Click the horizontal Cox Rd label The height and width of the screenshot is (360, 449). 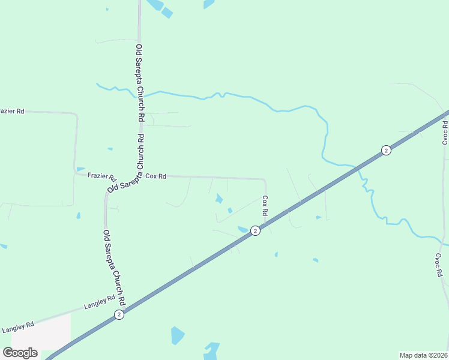(155, 176)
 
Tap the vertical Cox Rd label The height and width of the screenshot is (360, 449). (264, 205)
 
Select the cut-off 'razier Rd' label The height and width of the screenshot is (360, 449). (12, 111)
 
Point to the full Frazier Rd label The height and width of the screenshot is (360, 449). (101, 176)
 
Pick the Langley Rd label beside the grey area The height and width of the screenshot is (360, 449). (18, 328)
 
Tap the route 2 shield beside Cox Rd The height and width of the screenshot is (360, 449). (255, 230)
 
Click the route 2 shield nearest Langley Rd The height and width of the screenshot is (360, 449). (119, 314)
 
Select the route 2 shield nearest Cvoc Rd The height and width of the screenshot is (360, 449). (386, 150)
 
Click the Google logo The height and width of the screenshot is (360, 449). (20, 353)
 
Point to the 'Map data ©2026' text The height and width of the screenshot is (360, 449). (424, 355)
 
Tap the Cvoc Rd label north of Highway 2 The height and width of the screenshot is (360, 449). (445, 133)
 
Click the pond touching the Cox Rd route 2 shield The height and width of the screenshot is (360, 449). (243, 229)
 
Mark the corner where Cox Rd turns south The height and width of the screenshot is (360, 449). (265, 179)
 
